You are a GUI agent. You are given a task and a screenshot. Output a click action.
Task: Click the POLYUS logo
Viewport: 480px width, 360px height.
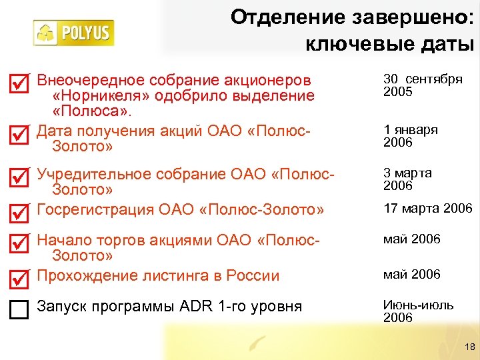click(74, 33)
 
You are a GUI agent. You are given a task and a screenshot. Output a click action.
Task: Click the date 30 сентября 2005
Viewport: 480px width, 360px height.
click(423, 85)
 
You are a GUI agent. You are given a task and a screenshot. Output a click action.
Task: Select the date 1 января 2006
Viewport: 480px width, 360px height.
click(411, 136)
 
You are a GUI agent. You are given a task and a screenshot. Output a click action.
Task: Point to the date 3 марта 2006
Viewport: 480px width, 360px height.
click(407, 179)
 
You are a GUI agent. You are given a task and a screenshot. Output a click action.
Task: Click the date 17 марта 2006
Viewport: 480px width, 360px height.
click(427, 209)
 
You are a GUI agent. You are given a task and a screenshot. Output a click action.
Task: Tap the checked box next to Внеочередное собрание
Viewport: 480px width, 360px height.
click(20, 83)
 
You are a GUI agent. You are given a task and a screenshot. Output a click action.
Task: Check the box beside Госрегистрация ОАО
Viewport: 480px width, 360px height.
click(20, 213)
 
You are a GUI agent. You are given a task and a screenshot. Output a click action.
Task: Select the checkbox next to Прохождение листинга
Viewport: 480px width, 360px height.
click(20, 278)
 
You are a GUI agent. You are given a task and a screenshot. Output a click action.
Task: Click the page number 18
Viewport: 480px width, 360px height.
click(469, 346)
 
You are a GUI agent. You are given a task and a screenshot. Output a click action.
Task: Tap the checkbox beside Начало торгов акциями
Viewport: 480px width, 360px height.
click(20, 243)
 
